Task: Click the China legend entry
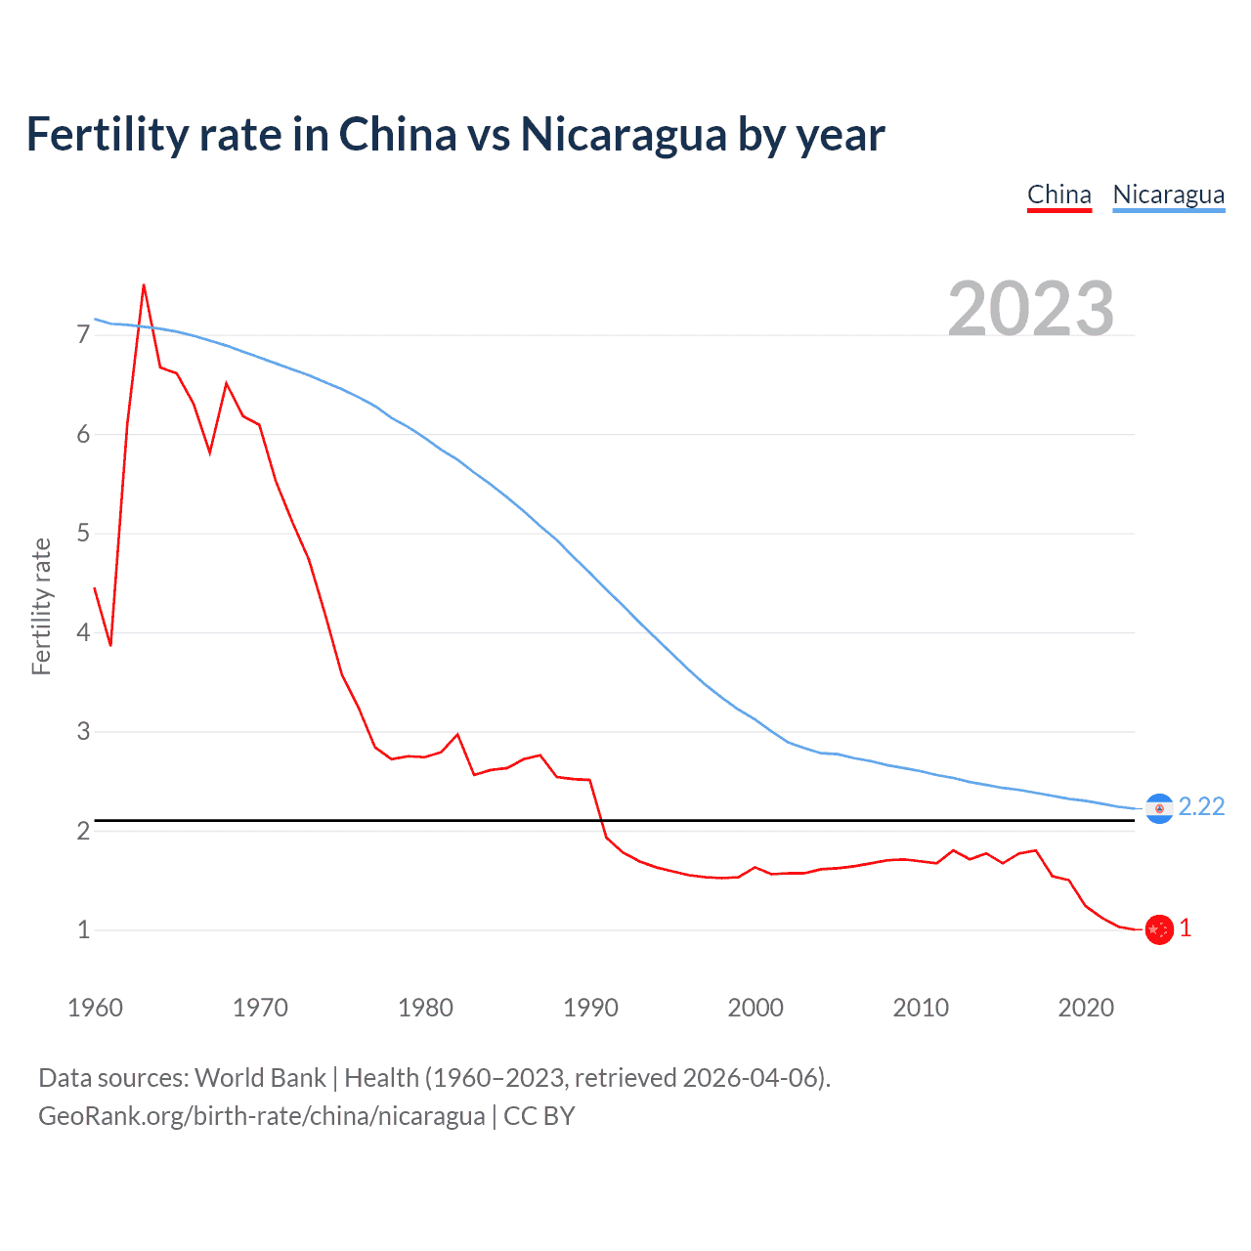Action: tap(1058, 194)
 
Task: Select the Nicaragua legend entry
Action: tap(1168, 194)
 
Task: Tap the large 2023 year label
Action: tap(1030, 309)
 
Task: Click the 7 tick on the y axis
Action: tap(83, 335)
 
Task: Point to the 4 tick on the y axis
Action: tap(83, 632)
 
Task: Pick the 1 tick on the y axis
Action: tap(83, 929)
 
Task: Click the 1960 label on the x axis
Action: tap(95, 1008)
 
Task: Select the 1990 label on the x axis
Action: tap(590, 1008)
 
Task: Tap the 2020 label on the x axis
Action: tap(1086, 1008)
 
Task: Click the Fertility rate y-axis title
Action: tap(41, 606)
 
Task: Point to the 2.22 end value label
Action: tap(1201, 806)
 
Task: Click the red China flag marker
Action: tap(1159, 929)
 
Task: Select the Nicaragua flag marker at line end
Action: tap(1158, 808)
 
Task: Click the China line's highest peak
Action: tap(144, 285)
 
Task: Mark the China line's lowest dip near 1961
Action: tap(110, 645)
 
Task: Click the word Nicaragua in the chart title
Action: tap(623, 134)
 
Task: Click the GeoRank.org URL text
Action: tap(261, 1116)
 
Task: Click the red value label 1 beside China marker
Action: tap(1186, 928)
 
